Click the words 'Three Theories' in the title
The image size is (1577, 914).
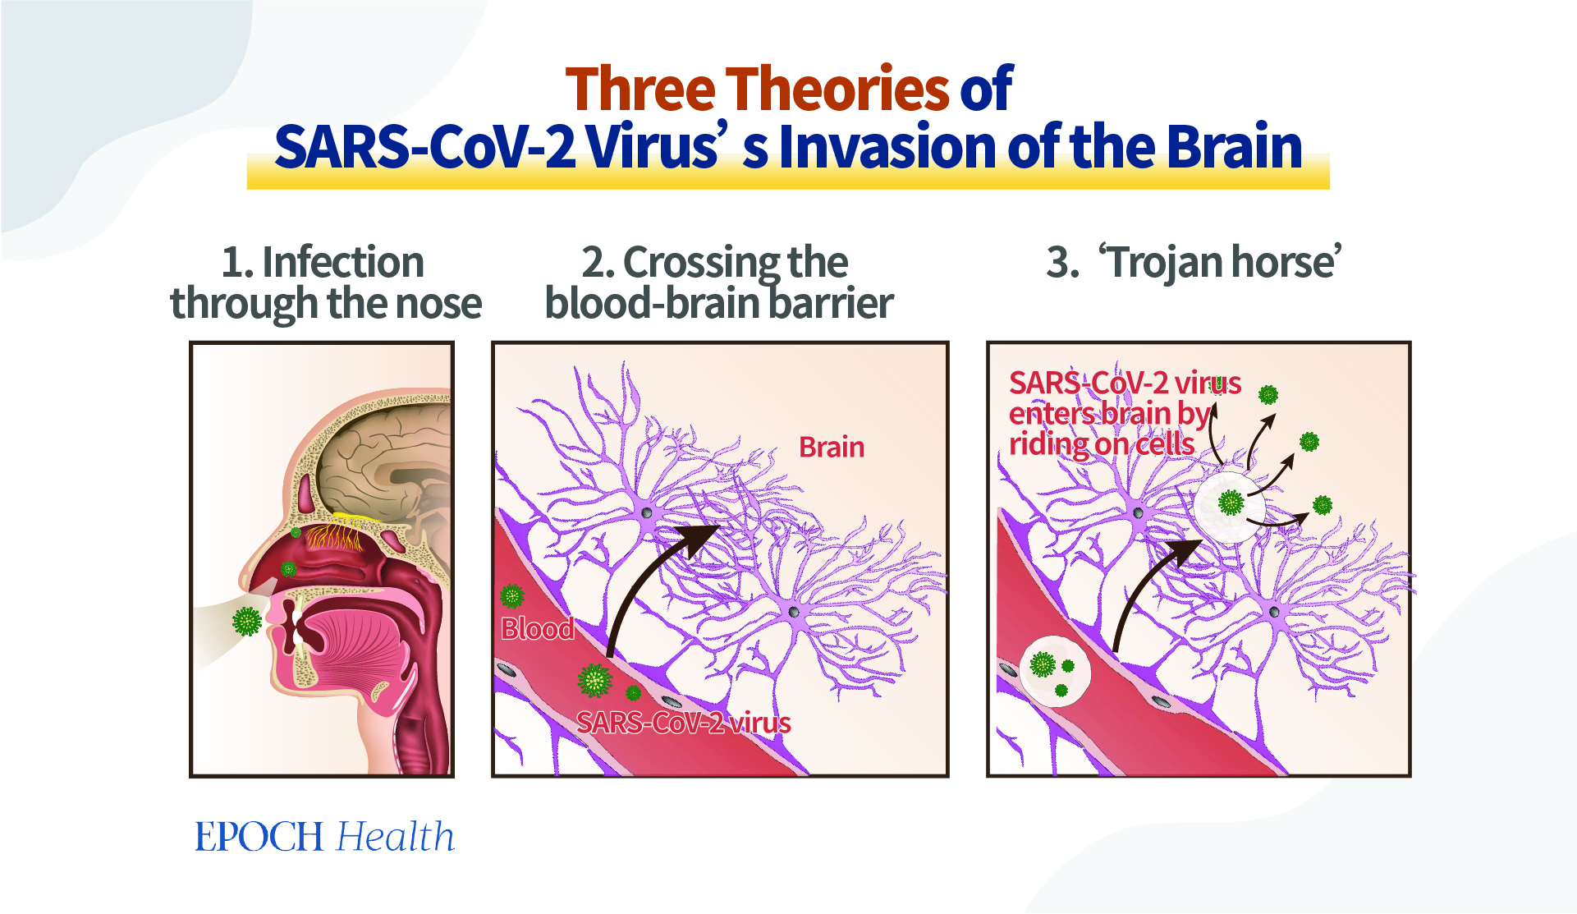[757, 89]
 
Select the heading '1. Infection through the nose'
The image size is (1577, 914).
[326, 282]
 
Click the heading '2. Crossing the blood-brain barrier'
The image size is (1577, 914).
[718, 282]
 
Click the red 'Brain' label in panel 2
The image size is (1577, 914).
[832, 447]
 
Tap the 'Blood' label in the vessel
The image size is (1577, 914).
[538, 628]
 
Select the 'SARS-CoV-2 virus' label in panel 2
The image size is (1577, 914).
[683, 723]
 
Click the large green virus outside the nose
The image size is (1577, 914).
[246, 621]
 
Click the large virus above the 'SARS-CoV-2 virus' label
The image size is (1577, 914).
[594, 680]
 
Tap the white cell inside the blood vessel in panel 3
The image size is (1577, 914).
[1054, 671]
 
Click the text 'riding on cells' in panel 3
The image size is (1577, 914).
[1102, 444]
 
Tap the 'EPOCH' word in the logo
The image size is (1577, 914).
[259, 837]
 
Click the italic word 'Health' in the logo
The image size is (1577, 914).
[396, 837]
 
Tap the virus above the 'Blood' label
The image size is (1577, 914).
[512, 595]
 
